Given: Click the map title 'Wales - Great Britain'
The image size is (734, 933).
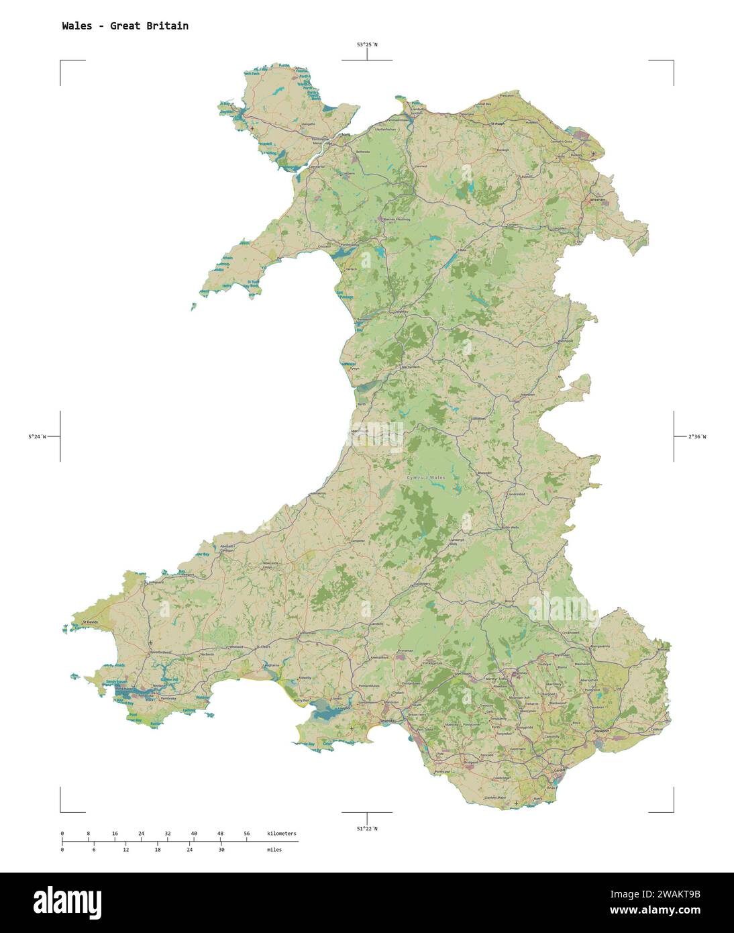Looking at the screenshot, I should pos(125,26).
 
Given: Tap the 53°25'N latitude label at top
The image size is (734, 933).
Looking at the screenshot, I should pos(366,45).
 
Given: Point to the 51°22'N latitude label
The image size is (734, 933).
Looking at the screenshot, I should pos(366,829).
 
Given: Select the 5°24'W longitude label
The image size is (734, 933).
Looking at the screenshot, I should pos(37,437).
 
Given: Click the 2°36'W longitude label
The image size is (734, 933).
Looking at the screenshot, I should pos(697,437).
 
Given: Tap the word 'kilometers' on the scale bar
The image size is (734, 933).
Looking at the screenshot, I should pos(281,834).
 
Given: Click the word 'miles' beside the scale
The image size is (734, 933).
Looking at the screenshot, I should pos(274,850).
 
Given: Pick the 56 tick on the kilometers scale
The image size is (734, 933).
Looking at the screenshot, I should pos(247,834).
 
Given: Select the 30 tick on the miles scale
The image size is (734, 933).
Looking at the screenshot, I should pos(221,850).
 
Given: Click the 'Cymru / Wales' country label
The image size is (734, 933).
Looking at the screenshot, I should pos(426,477).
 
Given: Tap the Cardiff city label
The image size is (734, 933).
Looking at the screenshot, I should pos(559,771).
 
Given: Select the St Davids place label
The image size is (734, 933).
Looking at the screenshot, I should pos(90,623).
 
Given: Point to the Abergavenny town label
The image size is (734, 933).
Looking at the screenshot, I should pos(600,646).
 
